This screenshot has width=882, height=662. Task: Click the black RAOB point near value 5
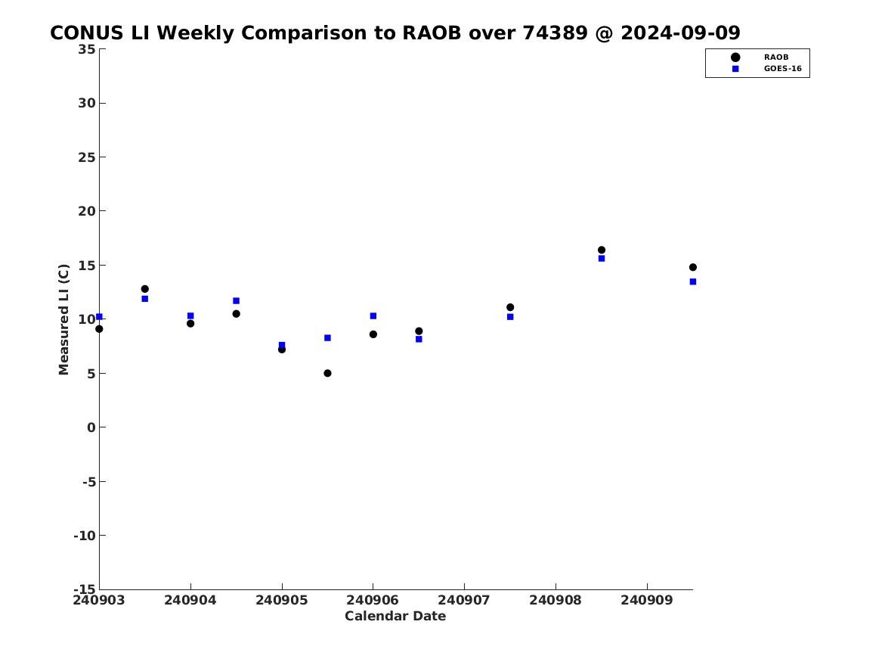coord(327,373)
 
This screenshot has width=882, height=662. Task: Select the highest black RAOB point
coord(602,250)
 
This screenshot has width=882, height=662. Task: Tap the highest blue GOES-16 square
coord(602,259)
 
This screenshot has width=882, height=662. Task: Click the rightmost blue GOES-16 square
coord(693,281)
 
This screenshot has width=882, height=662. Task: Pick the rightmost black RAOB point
coord(693,267)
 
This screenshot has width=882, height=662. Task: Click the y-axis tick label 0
coord(91,427)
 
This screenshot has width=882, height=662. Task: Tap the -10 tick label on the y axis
coord(85,536)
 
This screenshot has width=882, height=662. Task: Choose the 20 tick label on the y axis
coord(87,211)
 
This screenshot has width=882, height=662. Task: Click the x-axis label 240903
coord(99,600)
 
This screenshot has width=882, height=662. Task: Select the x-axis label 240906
coord(373,600)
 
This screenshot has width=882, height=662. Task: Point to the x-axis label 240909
coord(647,600)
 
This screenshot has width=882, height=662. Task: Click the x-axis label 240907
coord(464,600)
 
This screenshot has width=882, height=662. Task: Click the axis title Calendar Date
coord(395,617)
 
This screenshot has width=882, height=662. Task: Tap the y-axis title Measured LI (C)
coord(63,319)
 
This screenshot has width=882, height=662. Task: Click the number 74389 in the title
coord(556,33)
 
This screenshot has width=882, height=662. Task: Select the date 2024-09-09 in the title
coord(681,33)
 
